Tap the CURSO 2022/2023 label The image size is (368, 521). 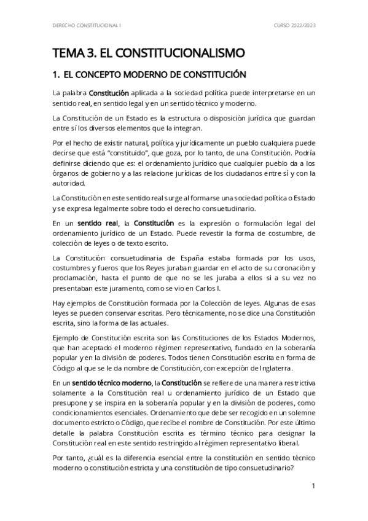tap(294, 26)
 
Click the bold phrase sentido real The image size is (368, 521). tap(97, 222)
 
